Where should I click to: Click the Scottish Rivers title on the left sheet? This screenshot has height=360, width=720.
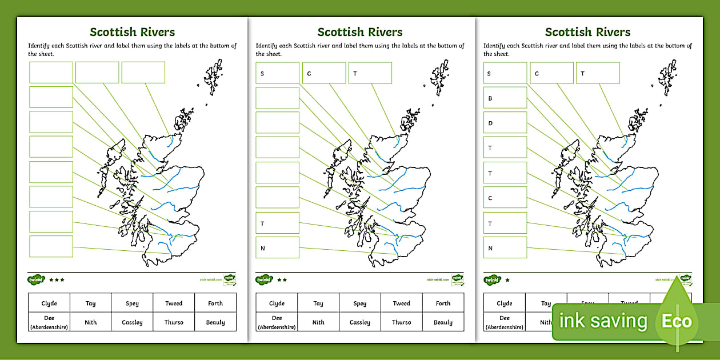(x=132, y=32)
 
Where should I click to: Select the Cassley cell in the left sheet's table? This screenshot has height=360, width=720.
(x=132, y=322)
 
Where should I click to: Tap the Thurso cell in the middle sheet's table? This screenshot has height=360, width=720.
(x=401, y=322)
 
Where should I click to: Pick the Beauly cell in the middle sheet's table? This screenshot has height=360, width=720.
(x=443, y=322)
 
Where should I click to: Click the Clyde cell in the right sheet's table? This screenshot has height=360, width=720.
(x=505, y=303)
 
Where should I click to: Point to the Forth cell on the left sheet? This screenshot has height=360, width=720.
(x=215, y=303)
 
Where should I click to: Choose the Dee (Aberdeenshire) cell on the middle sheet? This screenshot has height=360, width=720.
(x=277, y=322)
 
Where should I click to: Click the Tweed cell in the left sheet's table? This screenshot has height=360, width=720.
(x=174, y=303)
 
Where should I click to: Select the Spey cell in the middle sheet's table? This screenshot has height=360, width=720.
(x=359, y=303)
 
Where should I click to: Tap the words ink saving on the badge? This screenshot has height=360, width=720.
(x=603, y=321)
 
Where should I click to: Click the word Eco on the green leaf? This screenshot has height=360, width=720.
(x=677, y=321)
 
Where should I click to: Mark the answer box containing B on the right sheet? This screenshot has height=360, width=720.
(x=505, y=98)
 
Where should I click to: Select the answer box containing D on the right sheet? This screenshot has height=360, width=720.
(x=505, y=123)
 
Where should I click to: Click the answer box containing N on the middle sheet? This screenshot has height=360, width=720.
(x=277, y=248)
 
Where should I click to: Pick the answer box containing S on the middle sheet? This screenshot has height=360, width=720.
(x=277, y=73)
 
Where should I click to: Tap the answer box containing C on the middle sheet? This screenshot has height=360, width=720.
(x=324, y=73)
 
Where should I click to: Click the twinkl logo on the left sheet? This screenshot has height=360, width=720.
(x=36, y=280)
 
